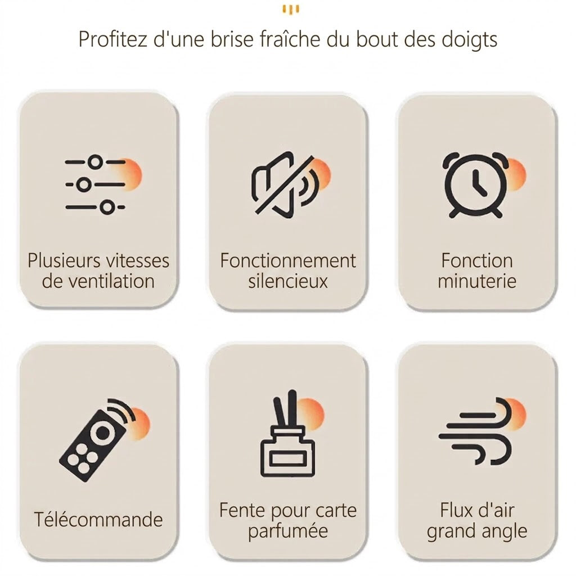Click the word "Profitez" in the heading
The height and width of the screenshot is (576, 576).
(x=112, y=39)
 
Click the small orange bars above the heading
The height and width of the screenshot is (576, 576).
(x=291, y=10)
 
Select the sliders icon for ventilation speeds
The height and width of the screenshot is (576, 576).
(x=96, y=184)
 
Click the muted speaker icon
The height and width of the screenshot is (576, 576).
(x=284, y=185)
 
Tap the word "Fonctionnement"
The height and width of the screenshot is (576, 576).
(x=288, y=261)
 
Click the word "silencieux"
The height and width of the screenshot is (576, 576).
(x=288, y=281)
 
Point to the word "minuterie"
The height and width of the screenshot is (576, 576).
(x=477, y=281)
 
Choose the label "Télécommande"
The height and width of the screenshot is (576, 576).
(x=98, y=519)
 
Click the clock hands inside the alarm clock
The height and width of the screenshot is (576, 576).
(x=479, y=183)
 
